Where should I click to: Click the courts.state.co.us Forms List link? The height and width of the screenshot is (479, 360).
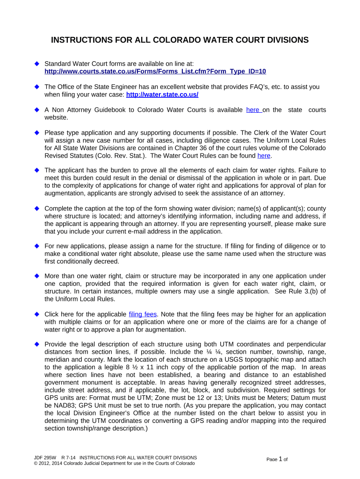coord(155,71)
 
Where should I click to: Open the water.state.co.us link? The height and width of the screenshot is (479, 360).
coord(162,94)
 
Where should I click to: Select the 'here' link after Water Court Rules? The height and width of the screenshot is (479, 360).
coord(264,155)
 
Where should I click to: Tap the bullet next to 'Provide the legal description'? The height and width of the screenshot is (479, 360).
coord(36,344)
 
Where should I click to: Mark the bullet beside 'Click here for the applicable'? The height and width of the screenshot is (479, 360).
coord(36,314)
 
